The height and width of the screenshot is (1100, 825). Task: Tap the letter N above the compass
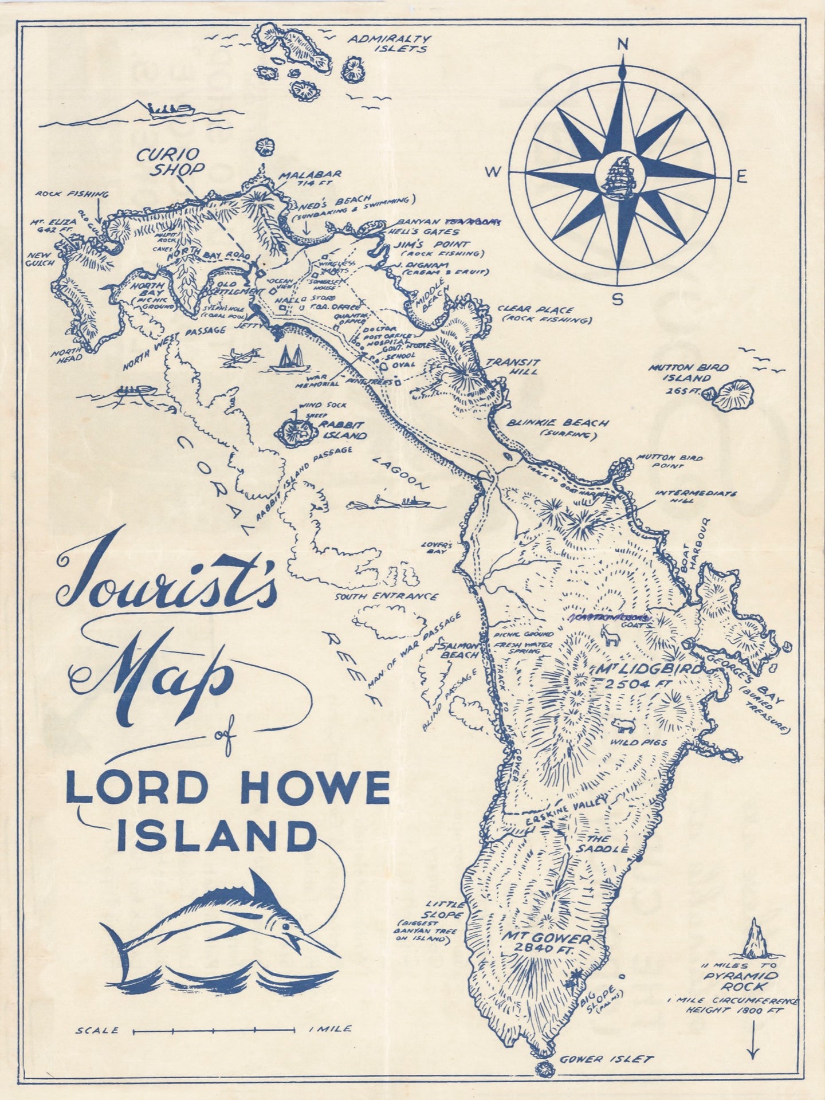[x=622, y=44]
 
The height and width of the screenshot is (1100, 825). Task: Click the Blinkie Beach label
[x=564, y=429]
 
